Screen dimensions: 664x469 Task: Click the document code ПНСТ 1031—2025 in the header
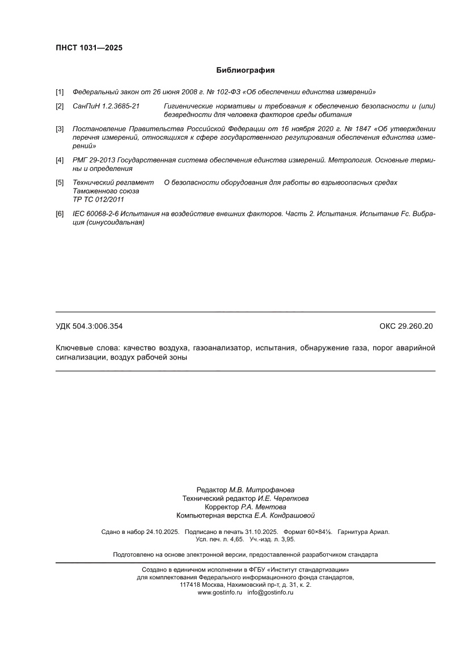pos(88,48)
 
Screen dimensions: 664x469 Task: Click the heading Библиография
pos(245,70)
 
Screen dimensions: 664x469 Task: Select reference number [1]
pos(60,92)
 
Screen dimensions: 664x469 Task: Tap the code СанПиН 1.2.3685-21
pos(106,106)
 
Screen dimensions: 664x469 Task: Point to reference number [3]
pos(60,129)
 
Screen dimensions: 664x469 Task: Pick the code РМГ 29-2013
pos(94,160)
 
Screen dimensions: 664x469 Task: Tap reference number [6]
pos(60,214)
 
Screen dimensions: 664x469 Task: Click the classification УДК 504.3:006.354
pos(89,326)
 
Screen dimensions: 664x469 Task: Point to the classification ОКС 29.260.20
pos(405,326)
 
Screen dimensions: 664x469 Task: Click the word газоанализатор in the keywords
pos(221,348)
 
